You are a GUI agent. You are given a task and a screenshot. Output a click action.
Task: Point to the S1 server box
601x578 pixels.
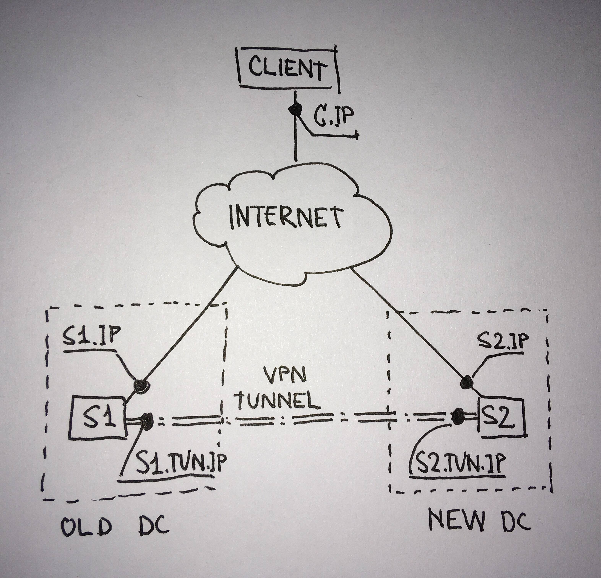(x=97, y=417)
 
